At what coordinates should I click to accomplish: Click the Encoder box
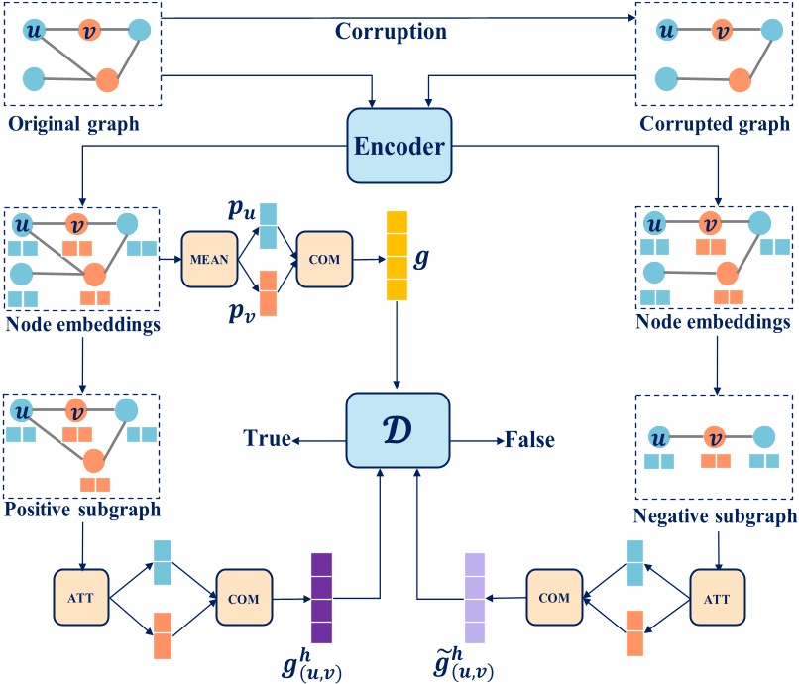click(x=399, y=146)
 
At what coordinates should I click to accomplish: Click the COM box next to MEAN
click(x=324, y=260)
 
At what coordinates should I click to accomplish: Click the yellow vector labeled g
click(x=398, y=255)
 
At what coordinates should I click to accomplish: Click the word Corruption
click(x=391, y=31)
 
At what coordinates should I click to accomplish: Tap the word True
click(x=266, y=439)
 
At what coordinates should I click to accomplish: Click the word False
click(x=529, y=439)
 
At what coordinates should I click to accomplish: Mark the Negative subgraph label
click(x=714, y=516)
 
